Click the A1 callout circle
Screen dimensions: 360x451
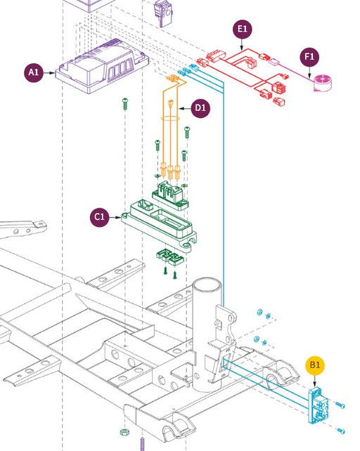coord(34,72)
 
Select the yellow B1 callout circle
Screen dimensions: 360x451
coord(315,365)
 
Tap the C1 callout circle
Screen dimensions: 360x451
coord(100,216)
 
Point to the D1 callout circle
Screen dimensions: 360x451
coord(200,108)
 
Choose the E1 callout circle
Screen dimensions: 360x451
coord(242,29)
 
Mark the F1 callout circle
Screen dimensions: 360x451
coord(309,57)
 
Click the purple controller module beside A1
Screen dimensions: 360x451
coord(102,66)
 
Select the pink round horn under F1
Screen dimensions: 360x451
coord(323,83)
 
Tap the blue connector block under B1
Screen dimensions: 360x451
coord(318,405)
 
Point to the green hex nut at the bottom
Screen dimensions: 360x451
coord(124,432)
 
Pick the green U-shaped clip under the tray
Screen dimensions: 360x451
coord(170,257)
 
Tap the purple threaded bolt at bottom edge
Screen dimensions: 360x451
coord(142,444)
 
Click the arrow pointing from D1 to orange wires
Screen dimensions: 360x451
coord(185,108)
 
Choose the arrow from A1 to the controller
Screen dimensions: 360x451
coord(49,73)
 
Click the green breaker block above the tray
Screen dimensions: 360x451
coord(170,195)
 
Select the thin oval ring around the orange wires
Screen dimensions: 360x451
coord(170,118)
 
